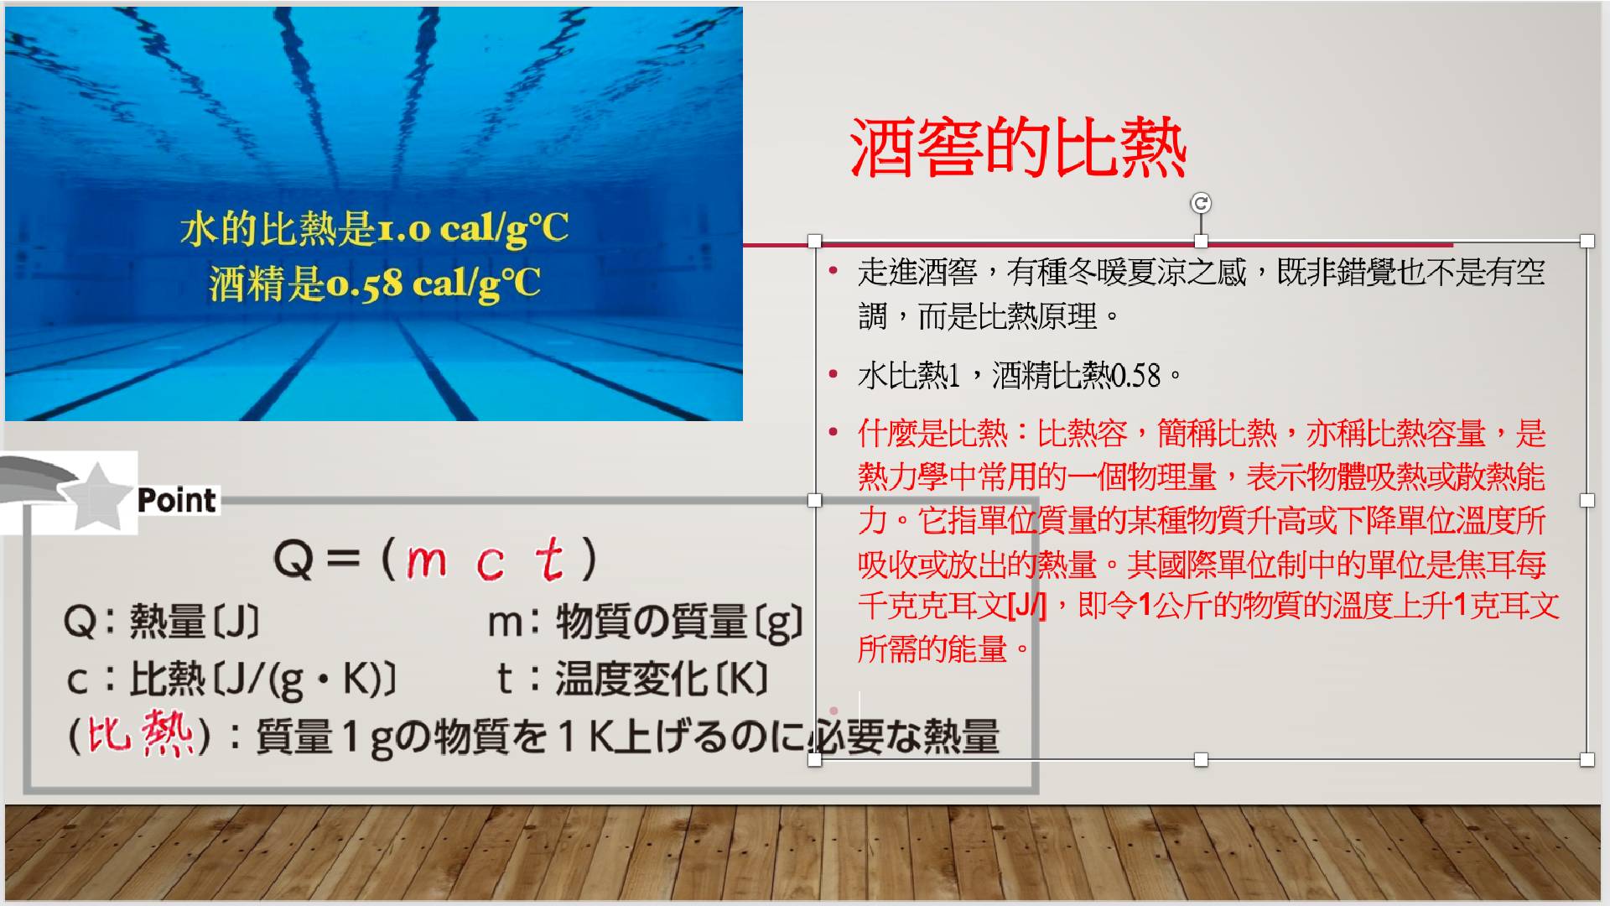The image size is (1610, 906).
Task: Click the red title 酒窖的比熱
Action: pos(1018,148)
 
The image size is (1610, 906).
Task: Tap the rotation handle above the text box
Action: pos(1201,203)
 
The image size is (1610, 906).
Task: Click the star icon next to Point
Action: pos(97,497)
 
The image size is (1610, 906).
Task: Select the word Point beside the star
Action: pos(177,500)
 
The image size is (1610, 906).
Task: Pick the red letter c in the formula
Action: pos(491,563)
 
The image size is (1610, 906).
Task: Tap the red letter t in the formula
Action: pos(550,559)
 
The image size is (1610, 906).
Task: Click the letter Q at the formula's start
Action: pos(293,560)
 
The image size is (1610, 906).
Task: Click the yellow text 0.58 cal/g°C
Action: pos(433,284)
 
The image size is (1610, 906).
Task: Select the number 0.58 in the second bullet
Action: pos(1135,375)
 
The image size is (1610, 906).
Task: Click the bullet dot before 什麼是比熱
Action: pos(833,432)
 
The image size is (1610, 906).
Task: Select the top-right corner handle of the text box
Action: pos(1587,241)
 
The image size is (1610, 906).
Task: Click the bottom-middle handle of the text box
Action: pos(1201,759)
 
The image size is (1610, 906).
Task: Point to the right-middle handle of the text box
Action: pos(1587,500)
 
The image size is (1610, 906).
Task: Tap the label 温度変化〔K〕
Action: pos(662,679)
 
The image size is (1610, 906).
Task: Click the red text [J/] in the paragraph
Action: pos(1027,606)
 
